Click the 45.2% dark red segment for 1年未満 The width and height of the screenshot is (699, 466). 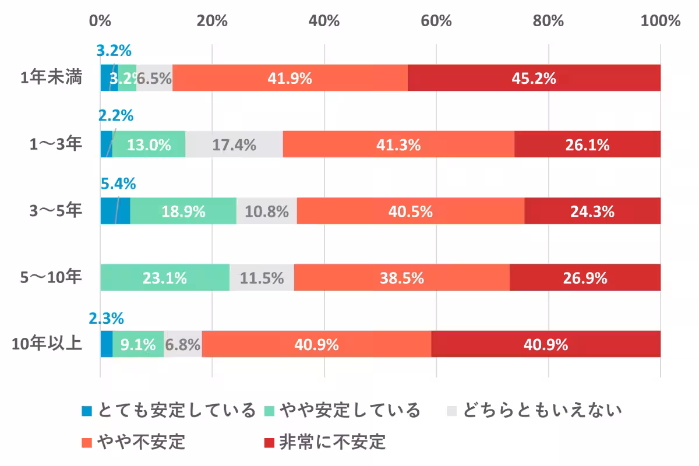pos(534,78)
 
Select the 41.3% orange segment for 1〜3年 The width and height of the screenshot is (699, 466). pos(398,144)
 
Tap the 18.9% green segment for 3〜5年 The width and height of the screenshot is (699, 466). pos(183,211)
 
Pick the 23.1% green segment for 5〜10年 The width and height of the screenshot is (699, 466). pos(165,278)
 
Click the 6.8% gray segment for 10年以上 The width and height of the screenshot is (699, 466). pos(183,344)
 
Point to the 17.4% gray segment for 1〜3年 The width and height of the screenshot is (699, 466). pos(234,144)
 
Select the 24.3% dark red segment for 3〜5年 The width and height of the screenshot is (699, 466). pos(592,211)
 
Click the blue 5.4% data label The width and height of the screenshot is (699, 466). pos(118,185)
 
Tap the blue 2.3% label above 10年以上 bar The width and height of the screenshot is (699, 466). pos(106,319)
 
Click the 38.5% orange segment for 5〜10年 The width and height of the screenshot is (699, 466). pos(401,278)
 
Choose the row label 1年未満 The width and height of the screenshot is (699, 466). pos(51,78)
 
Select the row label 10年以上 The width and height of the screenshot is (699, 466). pos(47,344)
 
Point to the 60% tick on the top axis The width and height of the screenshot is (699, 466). pos(436,21)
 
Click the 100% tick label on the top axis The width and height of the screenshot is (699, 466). pos(660,21)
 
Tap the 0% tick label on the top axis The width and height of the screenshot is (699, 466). pos(100,21)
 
